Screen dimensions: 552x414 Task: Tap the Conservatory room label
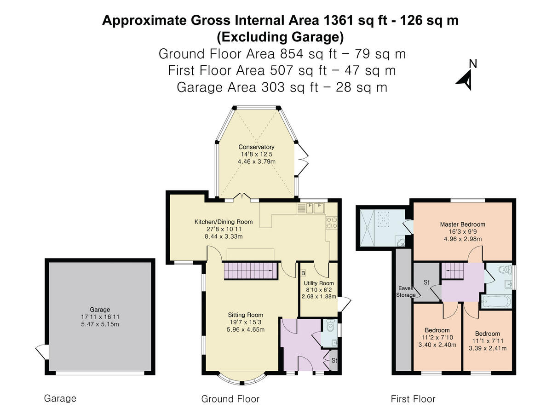[x=256, y=147]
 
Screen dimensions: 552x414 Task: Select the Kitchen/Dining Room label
[x=224, y=222]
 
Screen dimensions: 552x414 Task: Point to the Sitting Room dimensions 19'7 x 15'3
[x=246, y=322]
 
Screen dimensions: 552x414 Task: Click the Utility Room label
[x=319, y=283]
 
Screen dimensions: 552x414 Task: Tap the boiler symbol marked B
[x=303, y=273]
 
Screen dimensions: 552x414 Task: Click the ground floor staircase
[x=251, y=271]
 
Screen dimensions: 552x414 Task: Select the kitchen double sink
[x=315, y=208]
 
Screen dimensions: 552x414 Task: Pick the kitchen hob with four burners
[x=332, y=223]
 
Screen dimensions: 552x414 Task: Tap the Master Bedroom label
[x=462, y=224]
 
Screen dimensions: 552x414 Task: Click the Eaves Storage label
[x=406, y=292]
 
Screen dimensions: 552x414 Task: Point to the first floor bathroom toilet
[x=505, y=270]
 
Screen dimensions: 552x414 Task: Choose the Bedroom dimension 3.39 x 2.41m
[x=487, y=348]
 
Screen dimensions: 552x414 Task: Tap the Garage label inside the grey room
[x=100, y=310]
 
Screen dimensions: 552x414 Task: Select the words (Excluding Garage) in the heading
[x=280, y=37]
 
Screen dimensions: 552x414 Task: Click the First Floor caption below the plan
[x=413, y=399]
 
